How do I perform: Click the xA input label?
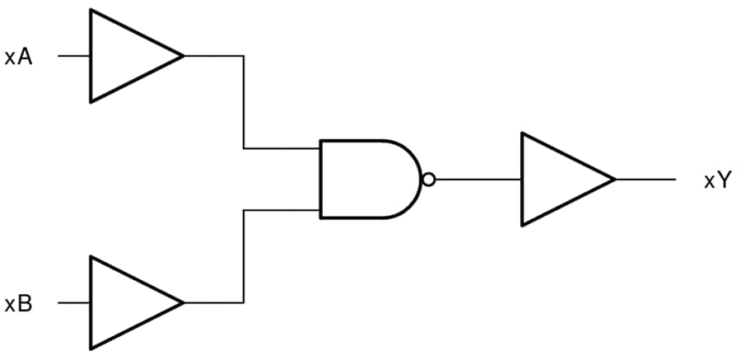18,58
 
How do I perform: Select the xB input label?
18,304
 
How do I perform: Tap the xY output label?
717,180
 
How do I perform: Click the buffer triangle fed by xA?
128,56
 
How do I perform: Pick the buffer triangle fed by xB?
128,302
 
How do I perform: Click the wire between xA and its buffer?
74,56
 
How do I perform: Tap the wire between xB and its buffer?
74,302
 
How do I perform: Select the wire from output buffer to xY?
645,180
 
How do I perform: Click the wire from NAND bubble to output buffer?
478,180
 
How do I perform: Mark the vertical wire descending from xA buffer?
244,103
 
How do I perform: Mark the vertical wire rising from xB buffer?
244,256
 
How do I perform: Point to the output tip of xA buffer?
182,56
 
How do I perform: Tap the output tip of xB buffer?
182,302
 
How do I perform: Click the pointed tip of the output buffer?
614,180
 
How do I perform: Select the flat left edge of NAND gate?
321,179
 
